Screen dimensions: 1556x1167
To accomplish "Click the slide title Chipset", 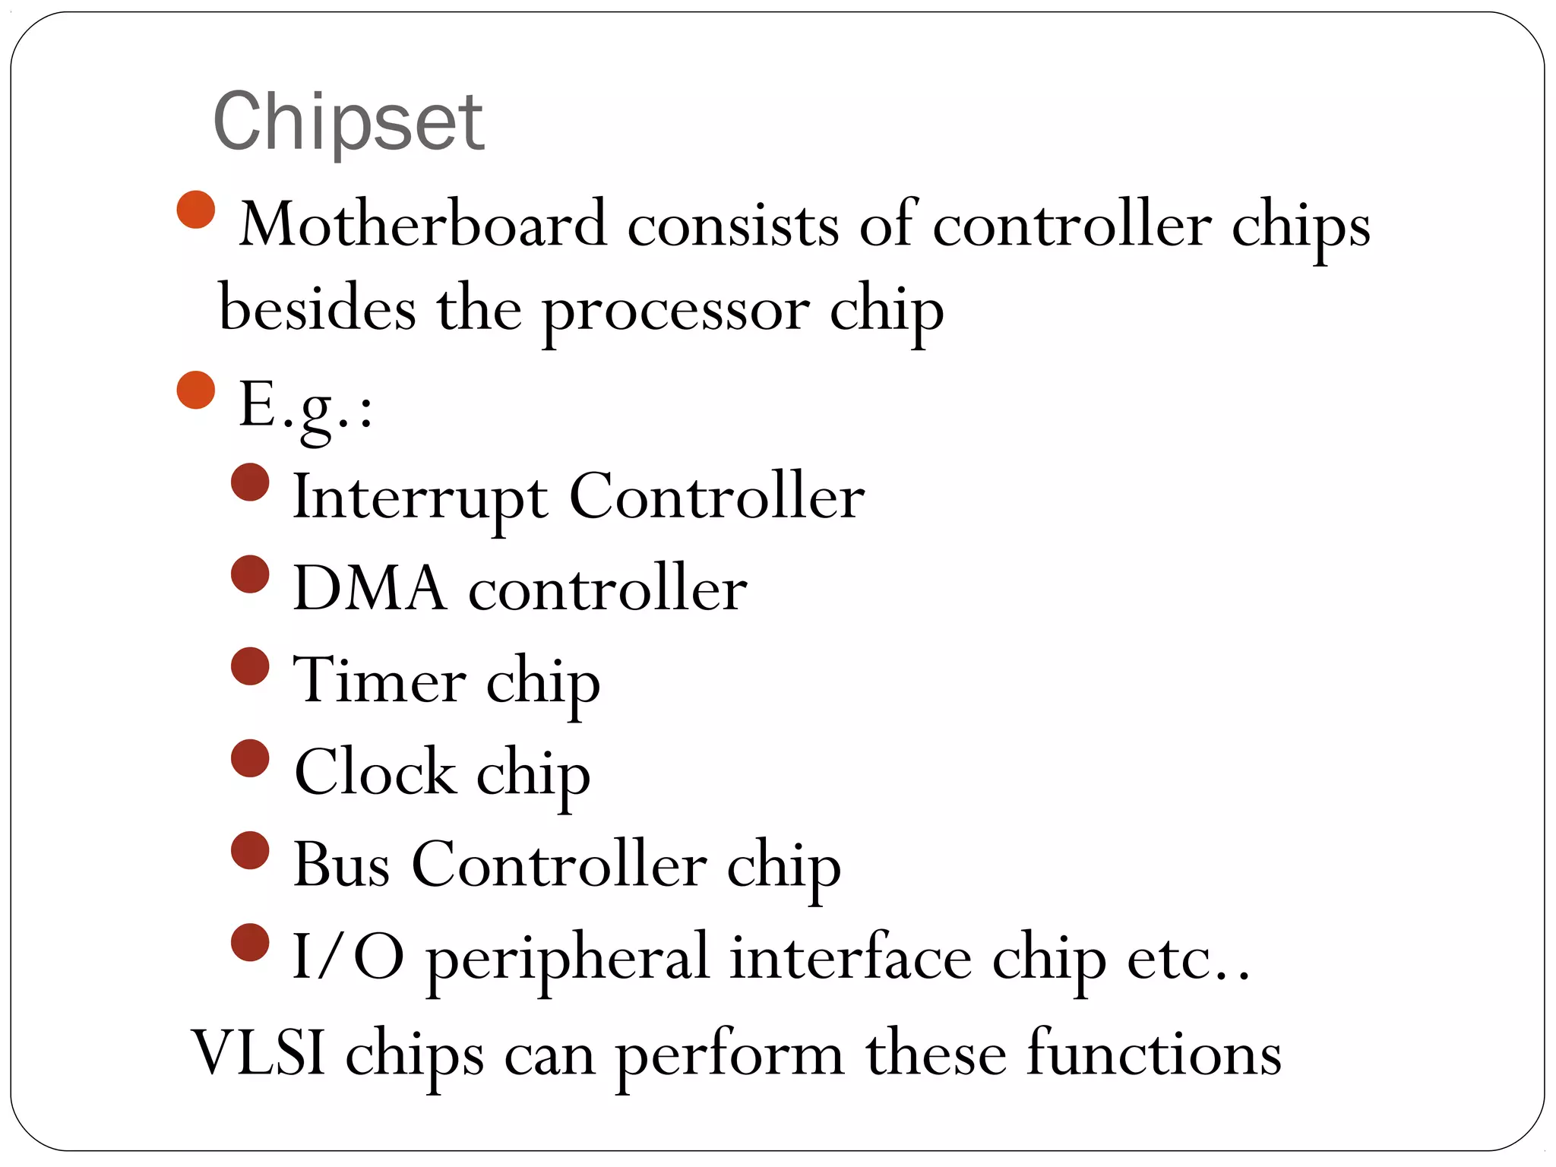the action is coord(348,122).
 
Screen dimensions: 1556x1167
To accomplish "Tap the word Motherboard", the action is coord(423,224).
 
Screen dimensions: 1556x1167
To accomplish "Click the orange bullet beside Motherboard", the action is coord(196,210).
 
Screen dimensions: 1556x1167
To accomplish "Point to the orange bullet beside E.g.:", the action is coord(196,390).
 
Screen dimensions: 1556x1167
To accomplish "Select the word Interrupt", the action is coord(420,497).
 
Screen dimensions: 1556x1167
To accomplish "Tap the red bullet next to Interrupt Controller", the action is coord(250,482).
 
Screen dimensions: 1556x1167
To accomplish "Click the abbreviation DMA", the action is coord(369,588).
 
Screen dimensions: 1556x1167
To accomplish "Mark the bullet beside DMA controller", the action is coord(250,574).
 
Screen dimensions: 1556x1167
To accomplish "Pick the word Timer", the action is coord(379,679).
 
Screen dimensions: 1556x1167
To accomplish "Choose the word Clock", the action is coord(375,772).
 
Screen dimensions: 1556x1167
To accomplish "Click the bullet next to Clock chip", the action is coord(250,758).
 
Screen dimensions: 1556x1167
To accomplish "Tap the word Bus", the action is coord(341,864).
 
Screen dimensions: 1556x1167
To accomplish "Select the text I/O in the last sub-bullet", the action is coord(348,957).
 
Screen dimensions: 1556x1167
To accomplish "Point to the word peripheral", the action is coord(568,958).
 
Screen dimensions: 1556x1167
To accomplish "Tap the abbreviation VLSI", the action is coord(258,1053).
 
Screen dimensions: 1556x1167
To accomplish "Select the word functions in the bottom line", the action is coord(1154,1053).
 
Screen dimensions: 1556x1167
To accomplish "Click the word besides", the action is coord(317,310).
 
